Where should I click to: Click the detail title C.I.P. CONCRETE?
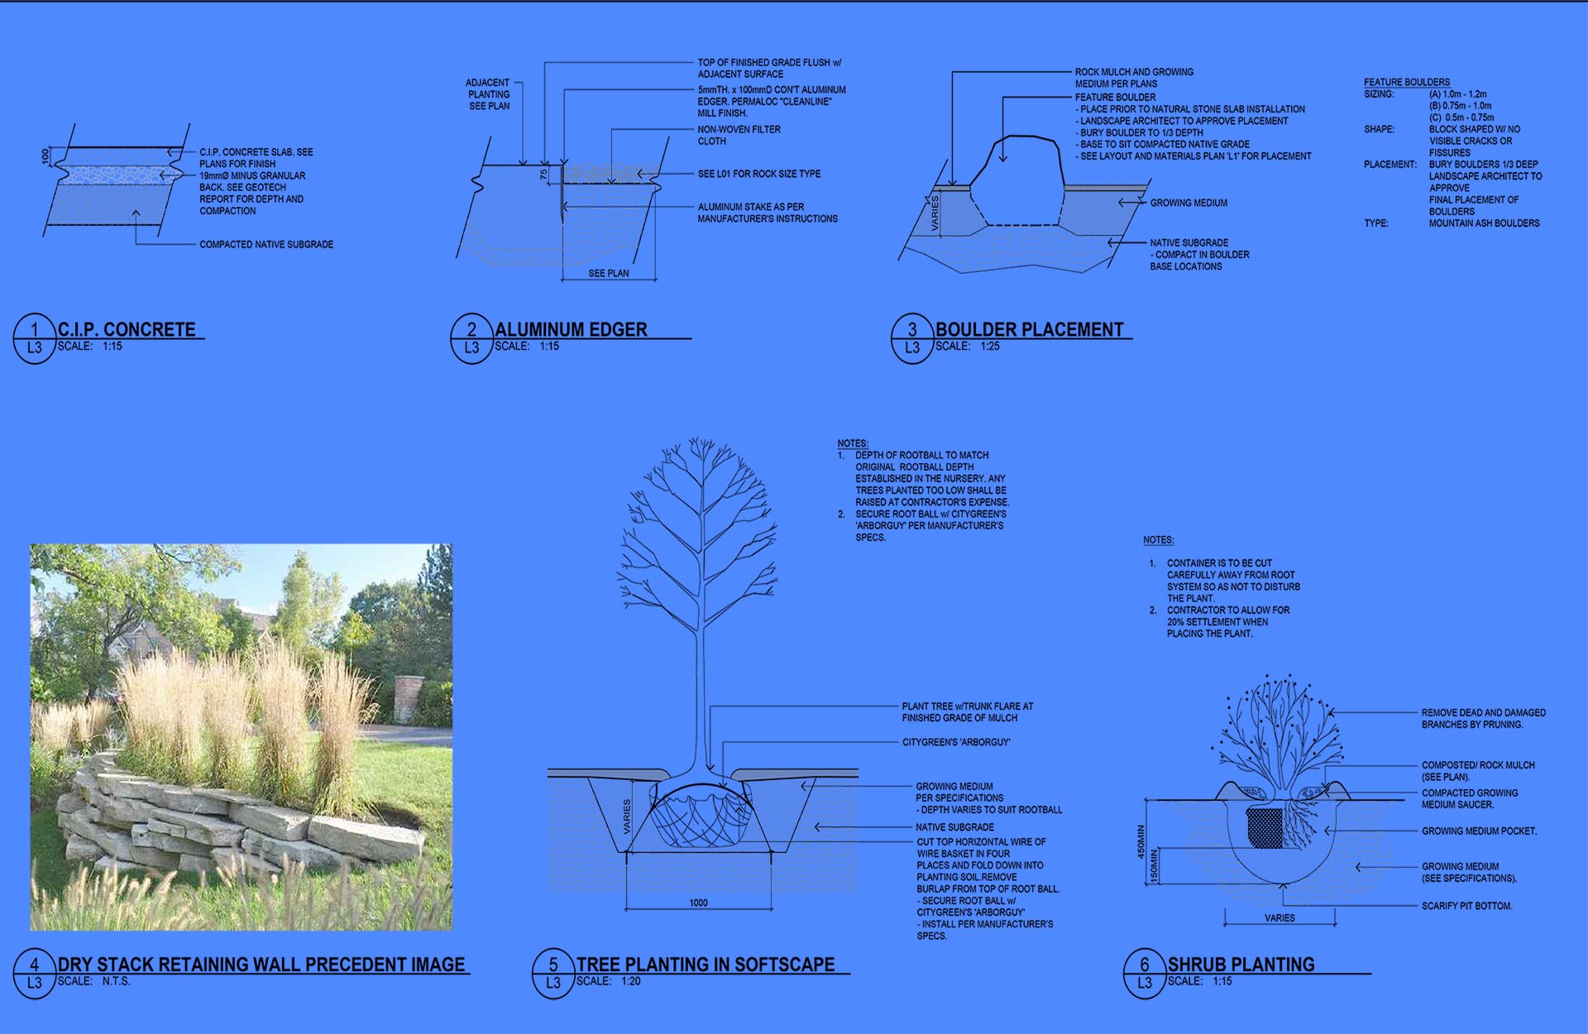[127, 329]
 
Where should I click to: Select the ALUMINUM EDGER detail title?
[571, 329]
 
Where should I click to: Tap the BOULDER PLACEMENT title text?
[1029, 329]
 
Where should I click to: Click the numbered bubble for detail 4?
[34, 974]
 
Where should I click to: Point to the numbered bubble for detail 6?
[1145, 974]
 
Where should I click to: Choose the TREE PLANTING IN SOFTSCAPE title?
[706, 965]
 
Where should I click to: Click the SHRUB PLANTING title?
[1241, 965]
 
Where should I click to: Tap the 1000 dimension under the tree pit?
[699, 902]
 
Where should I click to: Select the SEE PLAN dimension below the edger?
[609, 273]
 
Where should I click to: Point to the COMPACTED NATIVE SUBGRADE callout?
[266, 244]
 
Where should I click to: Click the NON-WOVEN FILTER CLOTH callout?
[739, 135]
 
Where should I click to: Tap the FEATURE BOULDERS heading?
[1407, 82]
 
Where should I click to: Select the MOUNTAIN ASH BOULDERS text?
[1485, 223]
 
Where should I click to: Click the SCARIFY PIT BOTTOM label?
[1467, 906]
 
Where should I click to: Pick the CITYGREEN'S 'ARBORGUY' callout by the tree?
[956, 742]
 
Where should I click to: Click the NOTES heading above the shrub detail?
[1159, 539]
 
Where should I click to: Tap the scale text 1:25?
[990, 346]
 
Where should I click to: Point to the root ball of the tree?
[701, 815]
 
